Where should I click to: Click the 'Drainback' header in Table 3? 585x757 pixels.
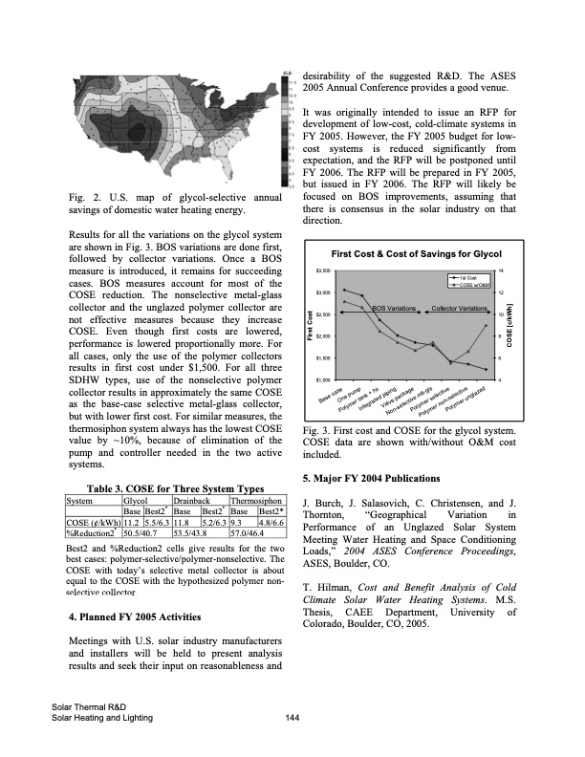[x=191, y=499]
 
